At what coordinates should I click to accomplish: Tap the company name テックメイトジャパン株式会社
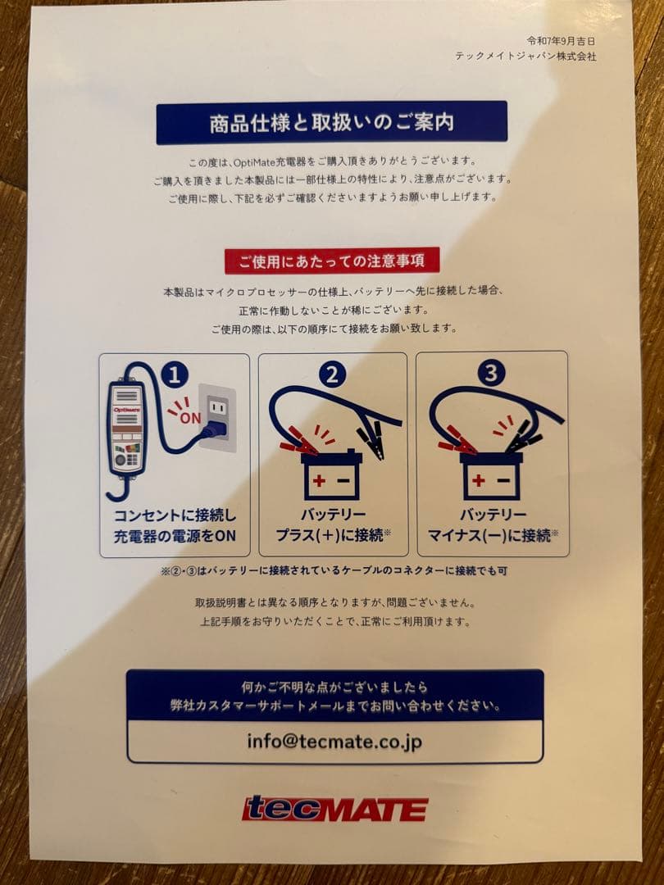coord(525,57)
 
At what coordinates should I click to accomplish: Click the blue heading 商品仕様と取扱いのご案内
coord(331,122)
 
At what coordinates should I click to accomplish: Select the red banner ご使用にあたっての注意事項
coord(332,261)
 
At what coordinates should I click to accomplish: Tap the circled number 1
coord(175,374)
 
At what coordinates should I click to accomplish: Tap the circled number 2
coord(332,374)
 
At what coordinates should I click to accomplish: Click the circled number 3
coord(491,373)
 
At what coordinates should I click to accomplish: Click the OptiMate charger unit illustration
coord(127,429)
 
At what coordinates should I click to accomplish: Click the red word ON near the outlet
coord(190,418)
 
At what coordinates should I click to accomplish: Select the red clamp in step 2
coord(298,441)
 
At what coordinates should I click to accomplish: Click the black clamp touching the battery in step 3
coord(523,437)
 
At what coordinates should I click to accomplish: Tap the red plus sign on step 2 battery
coord(319,481)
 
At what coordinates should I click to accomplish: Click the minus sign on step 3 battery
coord(503,480)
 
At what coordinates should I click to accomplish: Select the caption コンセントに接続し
coord(175,515)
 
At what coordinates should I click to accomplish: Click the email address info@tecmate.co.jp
coord(334,741)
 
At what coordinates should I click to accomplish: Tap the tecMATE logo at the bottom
coord(334,809)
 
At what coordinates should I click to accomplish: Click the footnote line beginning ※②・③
coord(334,570)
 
